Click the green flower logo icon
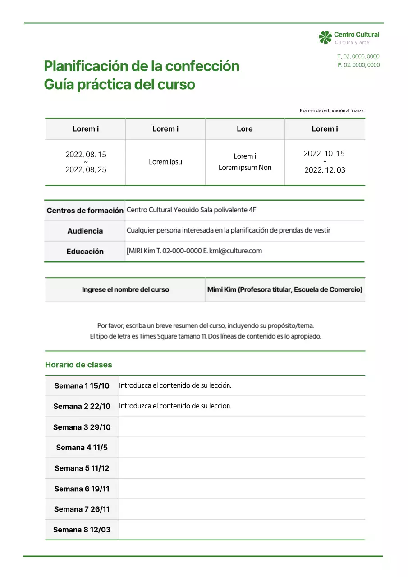pos(325,37)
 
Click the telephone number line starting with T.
pos(358,56)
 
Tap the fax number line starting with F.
pos(358,65)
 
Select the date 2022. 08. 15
pos(86,155)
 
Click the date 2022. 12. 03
pos(325,170)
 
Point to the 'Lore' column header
pos(245,129)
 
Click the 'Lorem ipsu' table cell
pos(165,162)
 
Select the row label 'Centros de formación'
pos(85,211)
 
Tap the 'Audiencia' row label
pos(85,231)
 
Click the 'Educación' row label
pos(85,252)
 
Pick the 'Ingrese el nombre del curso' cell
pos(125,289)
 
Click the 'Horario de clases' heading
pos(78,365)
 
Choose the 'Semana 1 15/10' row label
pos(82,386)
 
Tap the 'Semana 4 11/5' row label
pos(82,448)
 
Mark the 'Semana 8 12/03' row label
pos(82,530)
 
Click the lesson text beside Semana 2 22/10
pos(175,406)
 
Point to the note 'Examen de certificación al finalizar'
pos(332,110)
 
